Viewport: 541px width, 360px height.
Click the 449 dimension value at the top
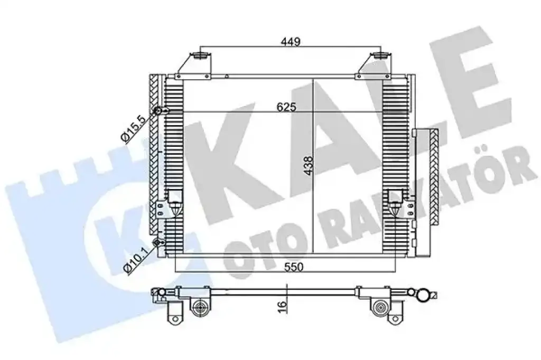[291, 42]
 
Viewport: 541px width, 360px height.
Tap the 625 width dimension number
[286, 107]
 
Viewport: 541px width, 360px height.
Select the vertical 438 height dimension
[310, 166]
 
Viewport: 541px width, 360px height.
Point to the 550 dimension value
[294, 267]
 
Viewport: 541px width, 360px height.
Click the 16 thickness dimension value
[282, 305]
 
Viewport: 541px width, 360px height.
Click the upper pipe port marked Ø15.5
[158, 111]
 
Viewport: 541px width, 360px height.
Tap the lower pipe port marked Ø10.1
[158, 243]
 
